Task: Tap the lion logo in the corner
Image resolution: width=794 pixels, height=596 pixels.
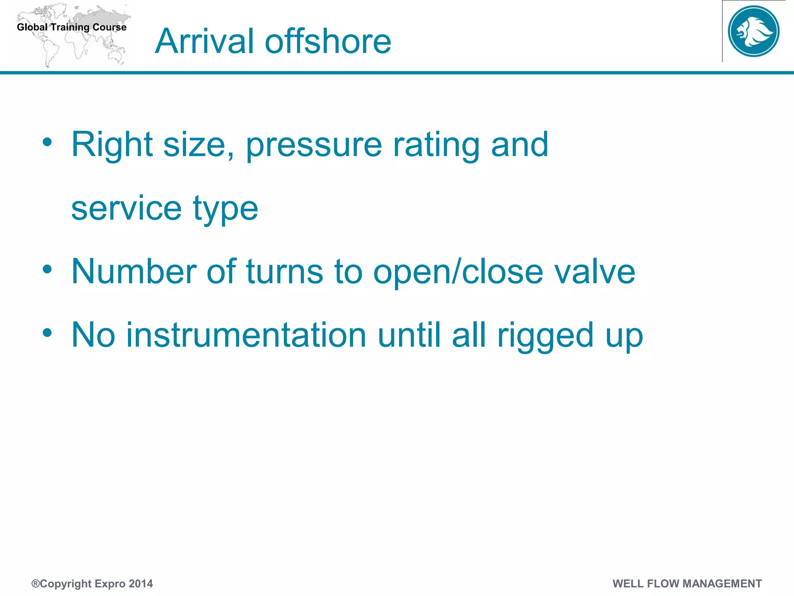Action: click(753, 31)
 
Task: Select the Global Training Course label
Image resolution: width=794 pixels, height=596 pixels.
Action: click(72, 27)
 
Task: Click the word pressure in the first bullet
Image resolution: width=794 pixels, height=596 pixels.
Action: click(314, 146)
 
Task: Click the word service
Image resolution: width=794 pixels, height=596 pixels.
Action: click(126, 208)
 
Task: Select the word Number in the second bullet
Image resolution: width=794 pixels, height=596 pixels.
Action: click(134, 271)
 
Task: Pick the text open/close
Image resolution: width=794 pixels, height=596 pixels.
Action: click(458, 272)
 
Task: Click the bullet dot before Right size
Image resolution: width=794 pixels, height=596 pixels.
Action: click(47, 142)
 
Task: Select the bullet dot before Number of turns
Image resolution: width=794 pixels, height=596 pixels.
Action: click(47, 269)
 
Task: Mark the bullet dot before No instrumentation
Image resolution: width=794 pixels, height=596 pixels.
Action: click(47, 333)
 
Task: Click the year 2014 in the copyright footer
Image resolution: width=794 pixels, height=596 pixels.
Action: click(141, 584)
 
